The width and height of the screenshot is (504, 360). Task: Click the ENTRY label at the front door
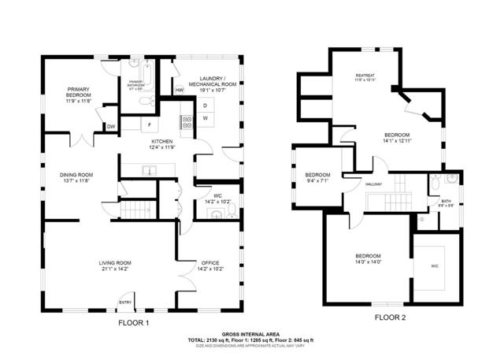(x=125, y=302)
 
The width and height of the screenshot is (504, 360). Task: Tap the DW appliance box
(x=111, y=126)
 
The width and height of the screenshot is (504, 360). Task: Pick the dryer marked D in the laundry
(x=205, y=105)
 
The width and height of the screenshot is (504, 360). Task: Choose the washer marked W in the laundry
(x=205, y=118)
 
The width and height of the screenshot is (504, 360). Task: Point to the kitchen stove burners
(x=187, y=122)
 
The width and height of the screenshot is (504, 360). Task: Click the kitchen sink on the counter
(x=148, y=169)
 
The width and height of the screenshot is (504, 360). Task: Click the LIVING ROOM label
(x=115, y=263)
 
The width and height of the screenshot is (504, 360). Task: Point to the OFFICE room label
(x=210, y=263)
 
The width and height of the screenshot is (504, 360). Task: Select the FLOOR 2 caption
(x=390, y=317)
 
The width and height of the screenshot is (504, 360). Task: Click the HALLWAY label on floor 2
(x=373, y=184)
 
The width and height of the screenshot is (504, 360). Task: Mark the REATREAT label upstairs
(x=366, y=76)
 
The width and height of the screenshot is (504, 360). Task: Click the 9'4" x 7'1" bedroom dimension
(x=317, y=180)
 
